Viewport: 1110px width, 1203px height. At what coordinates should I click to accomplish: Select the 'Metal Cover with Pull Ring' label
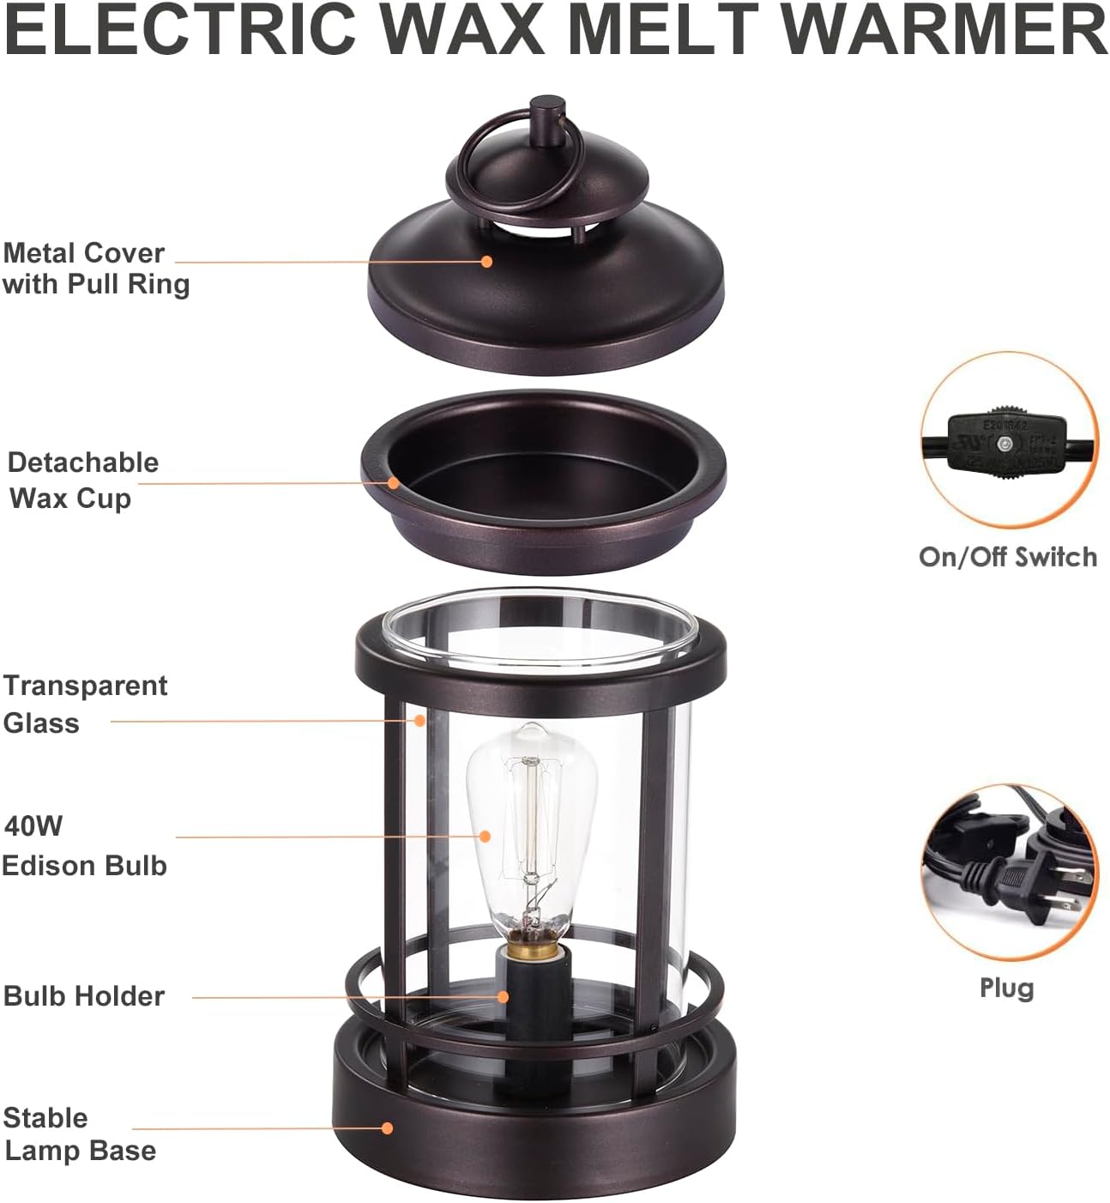pos(96,269)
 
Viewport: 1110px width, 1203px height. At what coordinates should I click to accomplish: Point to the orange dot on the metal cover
pos(486,262)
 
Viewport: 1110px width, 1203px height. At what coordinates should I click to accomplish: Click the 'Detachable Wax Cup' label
pos(83,480)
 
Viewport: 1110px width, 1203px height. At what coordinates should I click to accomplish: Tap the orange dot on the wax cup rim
pos(393,483)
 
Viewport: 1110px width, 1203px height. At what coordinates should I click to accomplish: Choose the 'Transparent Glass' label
pos(85,704)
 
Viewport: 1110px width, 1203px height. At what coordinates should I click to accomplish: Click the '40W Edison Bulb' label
pos(84,845)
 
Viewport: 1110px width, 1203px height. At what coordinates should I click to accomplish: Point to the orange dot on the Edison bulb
pos(485,837)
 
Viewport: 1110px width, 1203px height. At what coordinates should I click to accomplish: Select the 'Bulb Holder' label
pos(83,996)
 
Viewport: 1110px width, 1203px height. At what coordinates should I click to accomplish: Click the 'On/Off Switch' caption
pos(1008,557)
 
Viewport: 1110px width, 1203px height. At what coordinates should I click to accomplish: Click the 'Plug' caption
pos(1007,989)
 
